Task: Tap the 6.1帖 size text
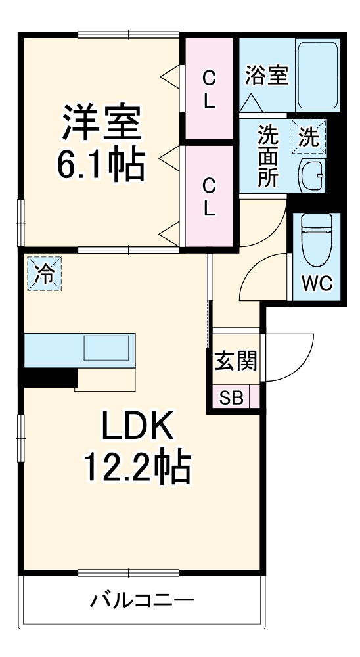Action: (100, 166)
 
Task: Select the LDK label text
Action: (136, 428)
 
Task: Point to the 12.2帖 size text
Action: (136, 468)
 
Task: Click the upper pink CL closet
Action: (209, 89)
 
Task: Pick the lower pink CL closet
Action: (209, 196)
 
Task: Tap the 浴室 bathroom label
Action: (267, 75)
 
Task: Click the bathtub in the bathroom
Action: (317, 76)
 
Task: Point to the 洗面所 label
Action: (267, 157)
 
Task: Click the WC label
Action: (317, 284)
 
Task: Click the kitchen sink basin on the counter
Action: (105, 348)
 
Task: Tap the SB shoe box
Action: (231, 398)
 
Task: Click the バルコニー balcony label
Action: (142, 599)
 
